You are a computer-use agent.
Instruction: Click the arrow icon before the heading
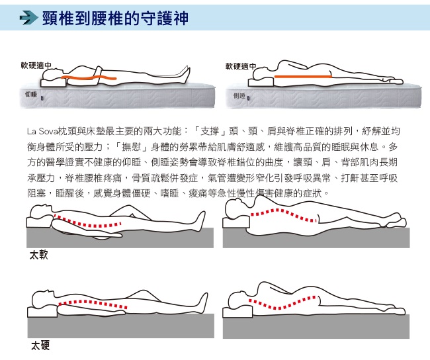[x=29, y=18]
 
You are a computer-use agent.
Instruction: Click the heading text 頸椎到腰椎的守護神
[x=115, y=18]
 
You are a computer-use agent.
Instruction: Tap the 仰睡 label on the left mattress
[x=31, y=95]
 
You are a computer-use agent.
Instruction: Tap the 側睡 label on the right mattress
[x=239, y=96]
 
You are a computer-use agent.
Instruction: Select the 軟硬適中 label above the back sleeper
[x=36, y=66]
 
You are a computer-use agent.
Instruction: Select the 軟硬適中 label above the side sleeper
[x=241, y=66]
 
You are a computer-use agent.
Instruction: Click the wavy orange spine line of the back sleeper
[x=88, y=77]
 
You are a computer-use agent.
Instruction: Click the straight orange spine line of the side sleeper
[x=303, y=77]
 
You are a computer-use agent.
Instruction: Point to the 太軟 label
[x=38, y=255]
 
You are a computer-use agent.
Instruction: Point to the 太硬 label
[x=40, y=345]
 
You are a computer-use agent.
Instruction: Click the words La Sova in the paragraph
[x=42, y=132]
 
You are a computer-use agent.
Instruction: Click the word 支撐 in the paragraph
[x=210, y=132]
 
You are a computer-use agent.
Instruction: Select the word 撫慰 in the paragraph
[x=131, y=147]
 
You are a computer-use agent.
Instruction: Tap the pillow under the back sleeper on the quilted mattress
[x=54, y=82]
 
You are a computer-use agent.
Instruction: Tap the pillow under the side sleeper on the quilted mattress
[x=261, y=81]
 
